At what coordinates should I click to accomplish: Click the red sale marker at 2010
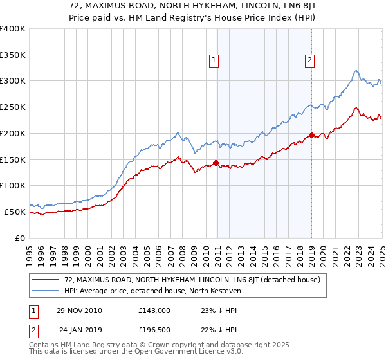(216, 163)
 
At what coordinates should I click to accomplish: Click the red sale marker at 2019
(311, 135)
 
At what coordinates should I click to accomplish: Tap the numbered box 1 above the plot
(213, 60)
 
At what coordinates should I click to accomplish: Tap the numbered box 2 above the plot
(309, 60)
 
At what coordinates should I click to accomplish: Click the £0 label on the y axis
(19, 238)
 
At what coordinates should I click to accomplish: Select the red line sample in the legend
(45, 280)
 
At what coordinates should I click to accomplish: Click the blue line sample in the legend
(45, 291)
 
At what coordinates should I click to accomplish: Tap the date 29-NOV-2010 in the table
(79, 310)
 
